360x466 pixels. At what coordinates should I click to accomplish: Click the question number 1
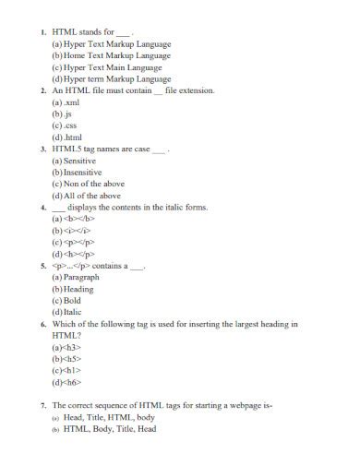click(x=42, y=31)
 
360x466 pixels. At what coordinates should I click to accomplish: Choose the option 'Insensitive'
click(x=82, y=173)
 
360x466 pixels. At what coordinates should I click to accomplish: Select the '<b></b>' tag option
click(x=75, y=220)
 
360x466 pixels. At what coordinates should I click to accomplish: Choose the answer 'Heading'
click(x=78, y=289)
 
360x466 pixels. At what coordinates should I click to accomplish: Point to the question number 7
click(x=42, y=406)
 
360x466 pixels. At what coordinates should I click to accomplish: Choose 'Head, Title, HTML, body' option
click(x=108, y=417)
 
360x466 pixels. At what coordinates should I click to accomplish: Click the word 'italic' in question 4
click(x=162, y=208)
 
